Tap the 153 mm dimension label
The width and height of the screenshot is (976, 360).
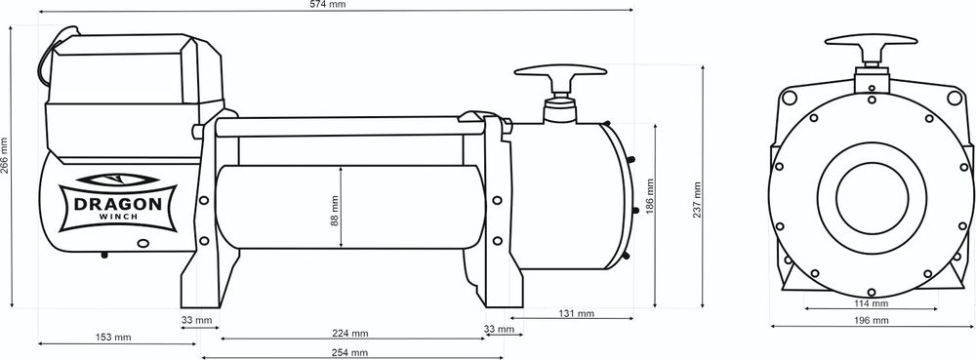click(110, 338)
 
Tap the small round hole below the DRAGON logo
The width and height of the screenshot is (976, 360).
click(143, 244)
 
